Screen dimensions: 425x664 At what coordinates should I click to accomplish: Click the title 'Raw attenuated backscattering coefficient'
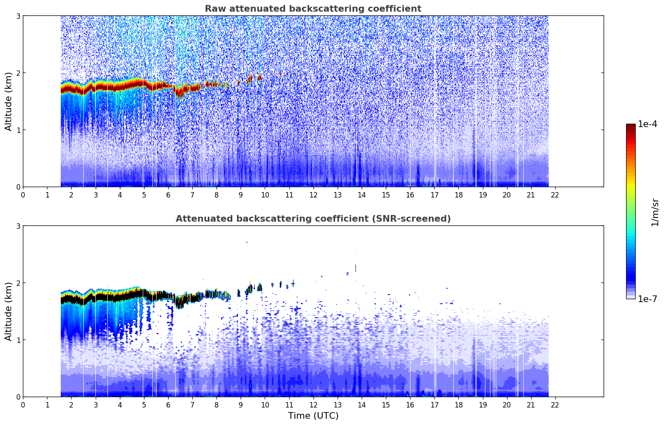(x=313, y=9)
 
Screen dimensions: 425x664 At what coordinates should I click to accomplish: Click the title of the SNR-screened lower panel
(x=313, y=219)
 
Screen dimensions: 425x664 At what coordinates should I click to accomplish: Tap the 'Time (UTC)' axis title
(x=313, y=415)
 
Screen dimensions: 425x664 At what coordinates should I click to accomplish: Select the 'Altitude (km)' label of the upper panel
(x=9, y=101)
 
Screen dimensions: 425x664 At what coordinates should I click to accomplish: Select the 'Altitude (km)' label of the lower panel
(x=9, y=311)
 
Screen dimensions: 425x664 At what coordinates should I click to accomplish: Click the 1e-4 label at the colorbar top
(x=647, y=124)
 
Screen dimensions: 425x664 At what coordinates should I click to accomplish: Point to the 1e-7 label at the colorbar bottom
(x=647, y=299)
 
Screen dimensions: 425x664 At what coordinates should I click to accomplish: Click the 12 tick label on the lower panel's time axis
(x=313, y=405)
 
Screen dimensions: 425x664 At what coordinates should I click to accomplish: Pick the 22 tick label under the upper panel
(x=555, y=195)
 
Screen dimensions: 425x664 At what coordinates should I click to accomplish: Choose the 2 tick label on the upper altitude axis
(x=18, y=73)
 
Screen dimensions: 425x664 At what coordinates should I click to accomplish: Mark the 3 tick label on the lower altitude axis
(x=18, y=226)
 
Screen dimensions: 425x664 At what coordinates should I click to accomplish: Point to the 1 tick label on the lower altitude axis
(x=18, y=340)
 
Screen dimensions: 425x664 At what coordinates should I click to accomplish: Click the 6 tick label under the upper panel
(x=168, y=195)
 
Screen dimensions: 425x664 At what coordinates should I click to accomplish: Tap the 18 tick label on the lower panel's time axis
(x=458, y=405)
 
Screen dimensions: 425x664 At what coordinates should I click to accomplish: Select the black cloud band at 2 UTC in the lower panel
(x=71, y=300)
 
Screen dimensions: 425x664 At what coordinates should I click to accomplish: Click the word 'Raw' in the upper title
(x=213, y=9)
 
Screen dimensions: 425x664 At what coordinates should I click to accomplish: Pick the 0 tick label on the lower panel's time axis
(x=23, y=405)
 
